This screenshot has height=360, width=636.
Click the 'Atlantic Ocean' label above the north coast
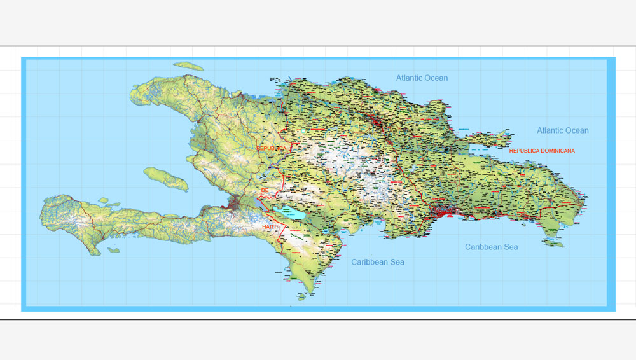(422, 78)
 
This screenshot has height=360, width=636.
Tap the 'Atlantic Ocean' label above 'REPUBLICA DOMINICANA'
(562, 130)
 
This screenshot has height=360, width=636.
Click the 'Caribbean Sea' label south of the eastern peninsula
(491, 247)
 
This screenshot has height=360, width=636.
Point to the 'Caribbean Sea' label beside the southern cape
(378, 261)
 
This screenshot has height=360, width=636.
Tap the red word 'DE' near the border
(265, 190)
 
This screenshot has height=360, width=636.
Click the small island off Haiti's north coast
(188, 66)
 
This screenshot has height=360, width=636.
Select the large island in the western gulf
(166, 179)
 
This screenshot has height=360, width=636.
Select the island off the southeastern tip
(553, 242)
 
